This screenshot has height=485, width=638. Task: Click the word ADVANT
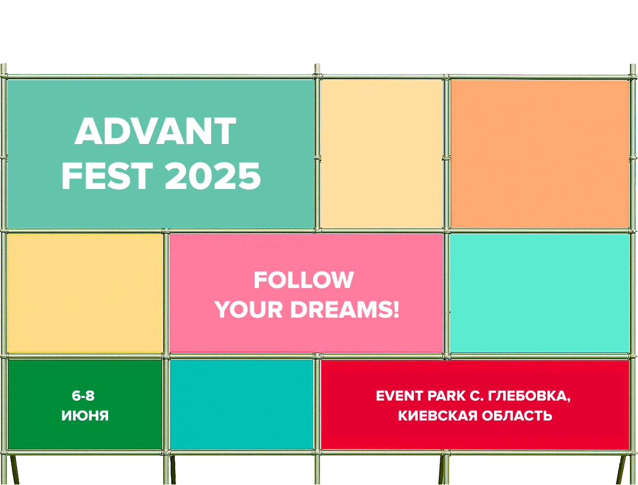[x=155, y=131]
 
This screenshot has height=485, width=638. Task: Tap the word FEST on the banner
[x=107, y=176]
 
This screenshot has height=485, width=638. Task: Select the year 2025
[x=213, y=176]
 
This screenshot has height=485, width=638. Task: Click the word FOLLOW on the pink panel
[x=304, y=280]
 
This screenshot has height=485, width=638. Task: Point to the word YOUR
[x=249, y=310]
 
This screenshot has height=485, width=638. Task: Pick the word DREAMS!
[x=345, y=310]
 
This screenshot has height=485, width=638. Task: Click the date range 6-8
[x=83, y=396]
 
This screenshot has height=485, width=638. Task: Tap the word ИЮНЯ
[x=85, y=416]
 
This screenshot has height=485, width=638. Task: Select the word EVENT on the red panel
[x=399, y=396]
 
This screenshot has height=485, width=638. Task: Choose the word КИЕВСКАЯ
[x=438, y=416]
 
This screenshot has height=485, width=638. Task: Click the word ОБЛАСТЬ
[x=517, y=416]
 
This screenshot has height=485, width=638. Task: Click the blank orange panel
[x=540, y=154]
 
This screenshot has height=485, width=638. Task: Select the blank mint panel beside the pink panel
[x=540, y=293]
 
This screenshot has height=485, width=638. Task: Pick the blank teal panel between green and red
[x=242, y=404]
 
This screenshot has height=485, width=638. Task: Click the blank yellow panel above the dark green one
[x=85, y=293]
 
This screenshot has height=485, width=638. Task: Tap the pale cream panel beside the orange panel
[x=382, y=154]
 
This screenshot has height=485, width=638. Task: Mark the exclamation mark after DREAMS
[x=396, y=310]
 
